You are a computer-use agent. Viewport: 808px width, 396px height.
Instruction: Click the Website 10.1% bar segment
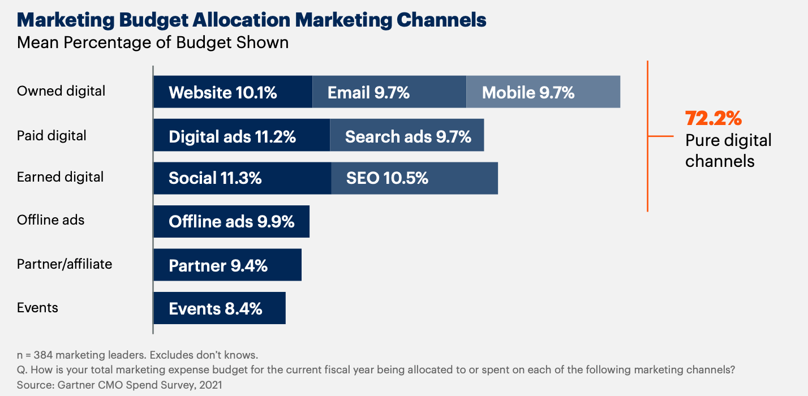click(x=233, y=92)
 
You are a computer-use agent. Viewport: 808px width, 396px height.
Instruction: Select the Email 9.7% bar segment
click(x=389, y=92)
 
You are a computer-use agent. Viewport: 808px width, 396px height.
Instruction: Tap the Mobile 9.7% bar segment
click(x=543, y=92)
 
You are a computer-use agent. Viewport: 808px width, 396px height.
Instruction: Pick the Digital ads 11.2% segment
click(x=242, y=135)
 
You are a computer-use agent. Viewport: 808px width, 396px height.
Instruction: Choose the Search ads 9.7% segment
click(x=407, y=135)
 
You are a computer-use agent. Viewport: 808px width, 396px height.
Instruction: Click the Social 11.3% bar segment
click(x=242, y=178)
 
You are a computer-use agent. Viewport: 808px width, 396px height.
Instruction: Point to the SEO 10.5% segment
click(x=414, y=178)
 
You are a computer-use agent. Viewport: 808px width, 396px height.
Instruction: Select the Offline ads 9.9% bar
click(x=231, y=221)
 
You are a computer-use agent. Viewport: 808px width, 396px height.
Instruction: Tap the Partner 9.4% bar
click(x=227, y=265)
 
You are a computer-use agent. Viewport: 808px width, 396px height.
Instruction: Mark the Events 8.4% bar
click(x=220, y=308)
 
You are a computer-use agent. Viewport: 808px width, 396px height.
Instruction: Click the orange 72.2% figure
click(x=713, y=118)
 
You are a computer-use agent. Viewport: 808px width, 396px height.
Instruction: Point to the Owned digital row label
click(x=61, y=91)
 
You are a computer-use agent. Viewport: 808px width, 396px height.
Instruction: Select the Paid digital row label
click(x=51, y=136)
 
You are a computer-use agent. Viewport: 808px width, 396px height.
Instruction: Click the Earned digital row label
click(x=60, y=177)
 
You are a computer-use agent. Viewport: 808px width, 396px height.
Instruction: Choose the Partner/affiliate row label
click(x=65, y=264)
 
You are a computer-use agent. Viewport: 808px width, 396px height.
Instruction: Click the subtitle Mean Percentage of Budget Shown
click(x=153, y=42)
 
